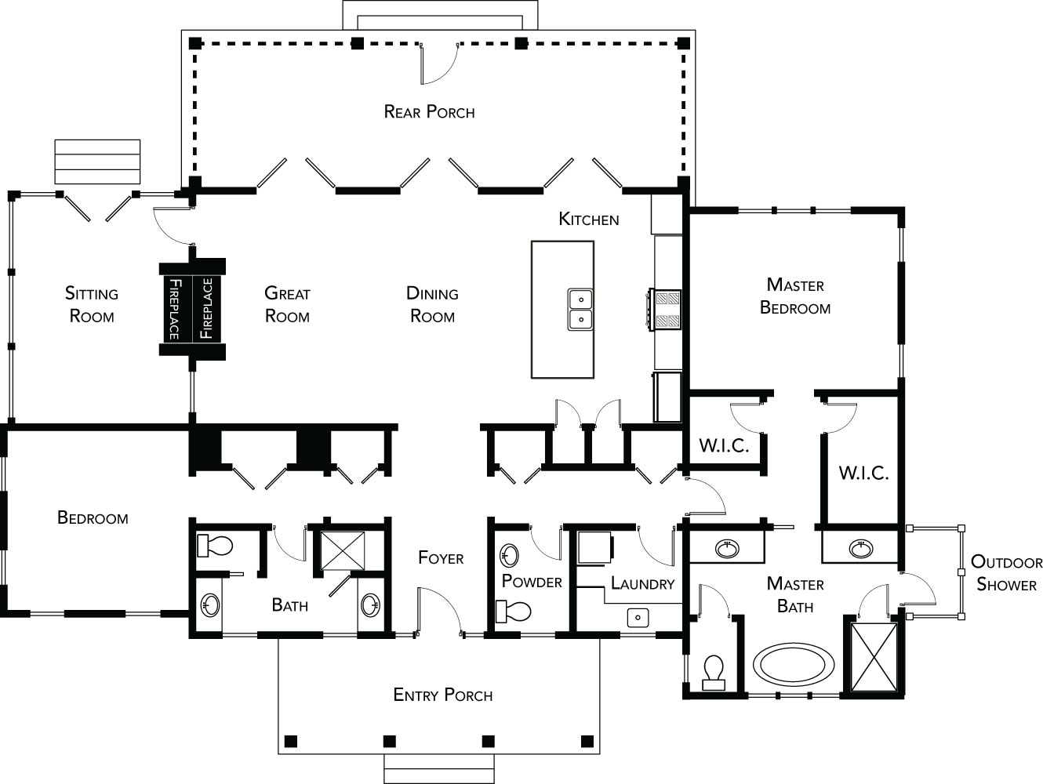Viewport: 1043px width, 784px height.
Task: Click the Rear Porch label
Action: (x=429, y=112)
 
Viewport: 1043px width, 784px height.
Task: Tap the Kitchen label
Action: (x=589, y=220)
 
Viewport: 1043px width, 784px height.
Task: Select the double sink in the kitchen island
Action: (x=580, y=309)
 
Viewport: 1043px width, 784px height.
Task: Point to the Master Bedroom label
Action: (x=795, y=296)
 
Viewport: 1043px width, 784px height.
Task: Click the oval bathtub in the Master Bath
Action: (x=793, y=664)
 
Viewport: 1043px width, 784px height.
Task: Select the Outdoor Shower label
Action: (x=1006, y=573)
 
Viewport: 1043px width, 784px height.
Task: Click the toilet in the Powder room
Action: (x=513, y=612)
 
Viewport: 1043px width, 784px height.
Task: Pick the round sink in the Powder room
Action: (x=510, y=555)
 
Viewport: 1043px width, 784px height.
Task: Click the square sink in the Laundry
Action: (x=638, y=617)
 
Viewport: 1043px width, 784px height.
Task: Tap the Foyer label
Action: (x=441, y=558)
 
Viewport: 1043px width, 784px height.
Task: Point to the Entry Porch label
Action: (x=443, y=695)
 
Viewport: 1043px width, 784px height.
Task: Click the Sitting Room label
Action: (x=92, y=305)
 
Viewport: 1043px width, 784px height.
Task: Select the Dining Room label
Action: (x=432, y=305)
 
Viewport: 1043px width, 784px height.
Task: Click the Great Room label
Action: (x=287, y=305)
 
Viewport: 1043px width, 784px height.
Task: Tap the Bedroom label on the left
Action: (x=93, y=517)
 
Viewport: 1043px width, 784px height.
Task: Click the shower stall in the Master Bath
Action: (x=874, y=658)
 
